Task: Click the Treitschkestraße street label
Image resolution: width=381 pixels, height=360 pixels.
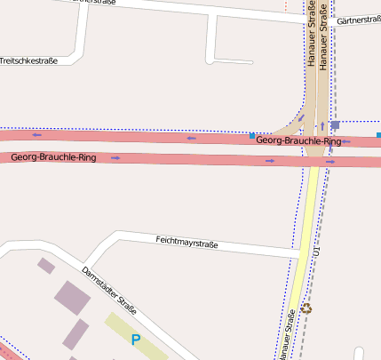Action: coord(28,61)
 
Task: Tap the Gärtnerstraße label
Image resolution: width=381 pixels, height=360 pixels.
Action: coord(360,20)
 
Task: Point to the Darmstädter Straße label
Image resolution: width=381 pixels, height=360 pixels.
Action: coord(109,292)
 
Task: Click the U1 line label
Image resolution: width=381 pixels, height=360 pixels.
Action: coord(315,252)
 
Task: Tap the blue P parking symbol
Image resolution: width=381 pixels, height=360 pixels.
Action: coord(136,339)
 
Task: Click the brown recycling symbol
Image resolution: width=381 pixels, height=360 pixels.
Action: coord(307,308)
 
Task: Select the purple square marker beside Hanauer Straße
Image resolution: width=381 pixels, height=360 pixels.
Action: coord(335,125)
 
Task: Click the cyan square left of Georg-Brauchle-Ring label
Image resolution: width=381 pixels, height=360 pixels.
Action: coord(252,135)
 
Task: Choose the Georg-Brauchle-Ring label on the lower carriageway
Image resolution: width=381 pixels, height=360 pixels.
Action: coord(53,156)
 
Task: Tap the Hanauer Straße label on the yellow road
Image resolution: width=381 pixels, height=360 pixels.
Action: coord(287,334)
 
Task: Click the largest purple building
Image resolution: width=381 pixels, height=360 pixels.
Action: coord(73,297)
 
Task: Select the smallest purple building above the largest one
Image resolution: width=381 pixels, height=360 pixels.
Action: coord(46,265)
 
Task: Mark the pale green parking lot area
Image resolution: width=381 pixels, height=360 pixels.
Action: coord(138,332)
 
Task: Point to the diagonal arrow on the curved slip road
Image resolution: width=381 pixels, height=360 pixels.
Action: coord(301,117)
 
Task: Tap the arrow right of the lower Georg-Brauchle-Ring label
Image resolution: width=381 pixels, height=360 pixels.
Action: coord(116,157)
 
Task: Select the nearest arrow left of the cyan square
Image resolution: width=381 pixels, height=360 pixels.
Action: coord(192,138)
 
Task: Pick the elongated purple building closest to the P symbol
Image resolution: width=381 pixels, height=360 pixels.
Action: coord(75,334)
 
